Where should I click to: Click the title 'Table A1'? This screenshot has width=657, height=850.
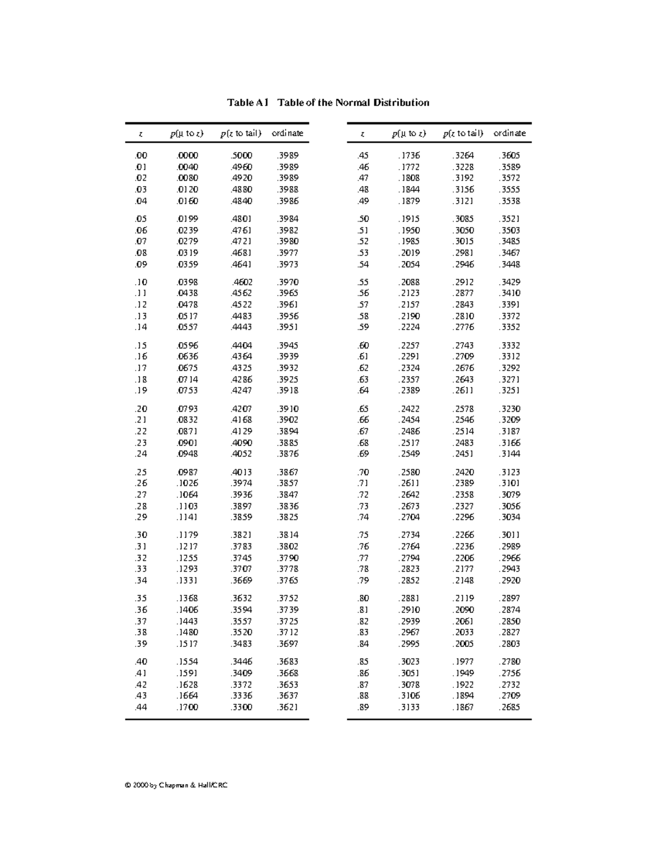pos(248,103)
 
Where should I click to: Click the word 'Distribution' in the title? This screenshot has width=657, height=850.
pos(401,103)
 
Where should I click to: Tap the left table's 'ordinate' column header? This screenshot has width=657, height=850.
pos(287,133)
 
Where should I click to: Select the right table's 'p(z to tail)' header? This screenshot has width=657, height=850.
pos(463,133)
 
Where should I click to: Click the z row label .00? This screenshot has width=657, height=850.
pos(141,155)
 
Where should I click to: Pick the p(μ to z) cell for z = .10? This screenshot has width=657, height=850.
pos(187,282)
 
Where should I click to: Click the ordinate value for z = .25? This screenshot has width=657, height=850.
pos(288,472)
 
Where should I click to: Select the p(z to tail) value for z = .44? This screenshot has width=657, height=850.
pos(241,707)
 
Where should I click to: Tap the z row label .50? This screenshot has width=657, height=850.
pos(363,219)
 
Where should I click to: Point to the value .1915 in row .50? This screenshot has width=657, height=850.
pos(409,219)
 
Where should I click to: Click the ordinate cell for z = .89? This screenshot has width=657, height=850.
pos(509,707)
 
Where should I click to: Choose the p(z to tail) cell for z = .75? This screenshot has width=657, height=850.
pos(463,535)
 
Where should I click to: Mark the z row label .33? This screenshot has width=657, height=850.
pos(141,569)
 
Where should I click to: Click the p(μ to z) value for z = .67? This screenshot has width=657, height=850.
pos(409,431)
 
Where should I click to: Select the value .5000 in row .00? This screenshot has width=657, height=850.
pos(241,155)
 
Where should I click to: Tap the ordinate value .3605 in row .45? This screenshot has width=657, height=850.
pos(509,155)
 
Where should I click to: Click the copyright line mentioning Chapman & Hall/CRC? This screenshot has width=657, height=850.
pos(176,785)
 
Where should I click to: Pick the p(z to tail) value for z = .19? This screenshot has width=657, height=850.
pos(241,391)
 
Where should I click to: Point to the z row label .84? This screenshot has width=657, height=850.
pos(363,644)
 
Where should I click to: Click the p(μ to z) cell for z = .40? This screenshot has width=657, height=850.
pos(187,662)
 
